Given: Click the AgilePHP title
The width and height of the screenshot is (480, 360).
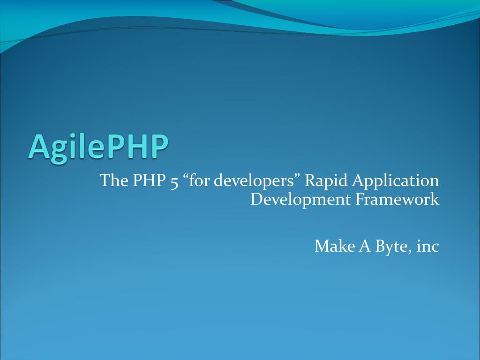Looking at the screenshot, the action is coord(98,148).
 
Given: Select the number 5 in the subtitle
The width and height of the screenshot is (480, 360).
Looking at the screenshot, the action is coord(174,182).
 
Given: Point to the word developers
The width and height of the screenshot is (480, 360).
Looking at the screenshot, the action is coord(253,180).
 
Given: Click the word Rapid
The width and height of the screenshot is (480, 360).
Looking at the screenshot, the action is coord(326,180).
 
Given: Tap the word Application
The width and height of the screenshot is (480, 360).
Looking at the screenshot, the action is coord(396,180).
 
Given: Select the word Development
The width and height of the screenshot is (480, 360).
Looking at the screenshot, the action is coord(300,200).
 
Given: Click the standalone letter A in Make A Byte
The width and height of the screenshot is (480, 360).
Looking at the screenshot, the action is coord(364,246).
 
